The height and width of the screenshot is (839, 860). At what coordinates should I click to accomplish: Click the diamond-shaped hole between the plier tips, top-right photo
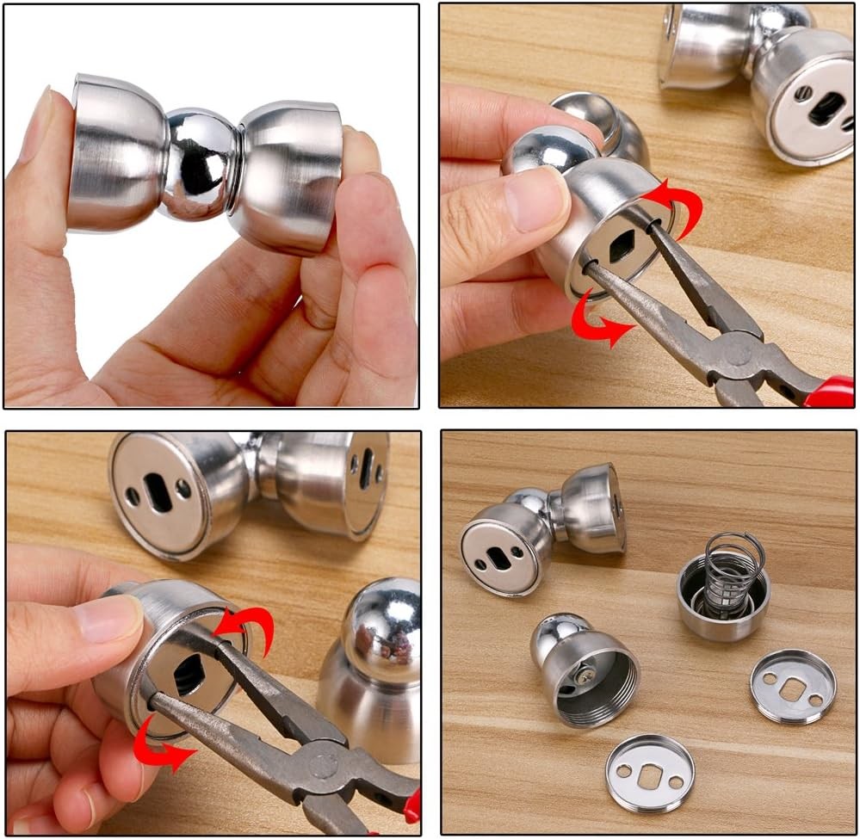pos(622,246)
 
